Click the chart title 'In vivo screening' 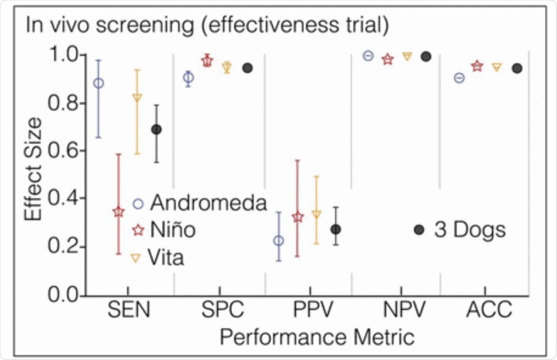pyautogui.click(x=207, y=26)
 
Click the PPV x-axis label pyautogui.click(x=309, y=311)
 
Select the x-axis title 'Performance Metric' pyautogui.click(x=309, y=336)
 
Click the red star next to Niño pyautogui.click(x=138, y=230)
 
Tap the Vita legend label pyautogui.click(x=167, y=257)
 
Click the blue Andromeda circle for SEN pyautogui.click(x=99, y=83)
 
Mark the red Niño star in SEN pyautogui.click(x=119, y=212)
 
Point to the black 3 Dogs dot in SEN pyautogui.click(x=156, y=130)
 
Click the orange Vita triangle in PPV pyautogui.click(x=317, y=214)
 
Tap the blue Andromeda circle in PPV pyautogui.click(x=278, y=241)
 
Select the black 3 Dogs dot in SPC pyautogui.click(x=247, y=67)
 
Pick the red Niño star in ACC pyautogui.click(x=477, y=66)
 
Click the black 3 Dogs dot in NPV pyautogui.click(x=426, y=57)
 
